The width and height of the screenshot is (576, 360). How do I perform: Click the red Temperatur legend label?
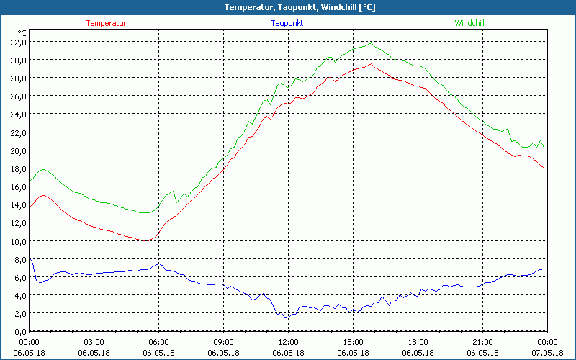pyautogui.click(x=106, y=23)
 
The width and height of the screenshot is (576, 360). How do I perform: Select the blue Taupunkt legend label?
pyautogui.click(x=287, y=23)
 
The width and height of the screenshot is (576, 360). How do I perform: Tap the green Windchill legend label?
pyautogui.click(x=469, y=23)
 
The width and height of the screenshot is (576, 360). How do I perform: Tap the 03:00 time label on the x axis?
pyautogui.click(x=94, y=342)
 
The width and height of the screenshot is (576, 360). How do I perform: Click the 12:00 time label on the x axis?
pyautogui.click(x=288, y=342)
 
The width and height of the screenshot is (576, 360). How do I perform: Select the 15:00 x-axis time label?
pyautogui.click(x=353, y=342)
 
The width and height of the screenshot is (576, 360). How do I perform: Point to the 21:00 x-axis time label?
pyautogui.click(x=482, y=342)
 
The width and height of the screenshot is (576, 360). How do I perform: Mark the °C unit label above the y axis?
pyautogui.click(x=22, y=32)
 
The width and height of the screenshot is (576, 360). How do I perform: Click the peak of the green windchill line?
pyautogui.click(x=372, y=43)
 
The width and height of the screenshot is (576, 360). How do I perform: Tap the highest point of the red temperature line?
pyautogui.click(x=371, y=64)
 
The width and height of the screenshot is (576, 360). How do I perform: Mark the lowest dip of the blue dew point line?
pyautogui.click(x=287, y=318)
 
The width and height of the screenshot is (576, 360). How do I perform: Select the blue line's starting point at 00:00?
pyautogui.click(x=30, y=257)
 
